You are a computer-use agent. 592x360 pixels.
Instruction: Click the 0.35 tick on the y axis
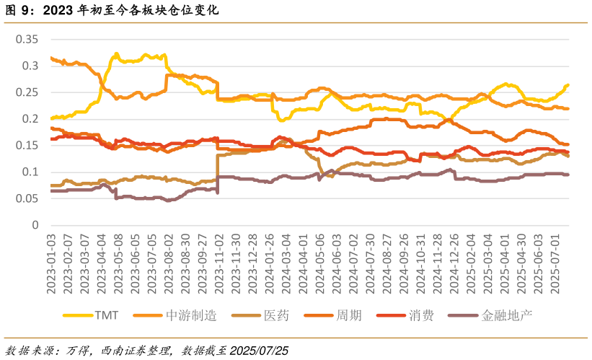tap(26, 39)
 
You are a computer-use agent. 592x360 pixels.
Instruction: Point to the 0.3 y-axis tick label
tap(30, 66)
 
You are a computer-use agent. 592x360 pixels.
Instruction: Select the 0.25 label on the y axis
tap(26, 92)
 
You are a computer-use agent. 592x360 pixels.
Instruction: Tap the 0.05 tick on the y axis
tap(26, 198)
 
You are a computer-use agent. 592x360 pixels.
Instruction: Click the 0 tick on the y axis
tap(33, 225)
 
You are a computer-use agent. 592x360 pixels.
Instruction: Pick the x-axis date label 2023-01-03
tap(51, 263)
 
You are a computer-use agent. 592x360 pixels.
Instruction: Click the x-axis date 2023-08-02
tap(168, 263)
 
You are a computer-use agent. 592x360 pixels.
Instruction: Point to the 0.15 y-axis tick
tap(26, 145)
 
